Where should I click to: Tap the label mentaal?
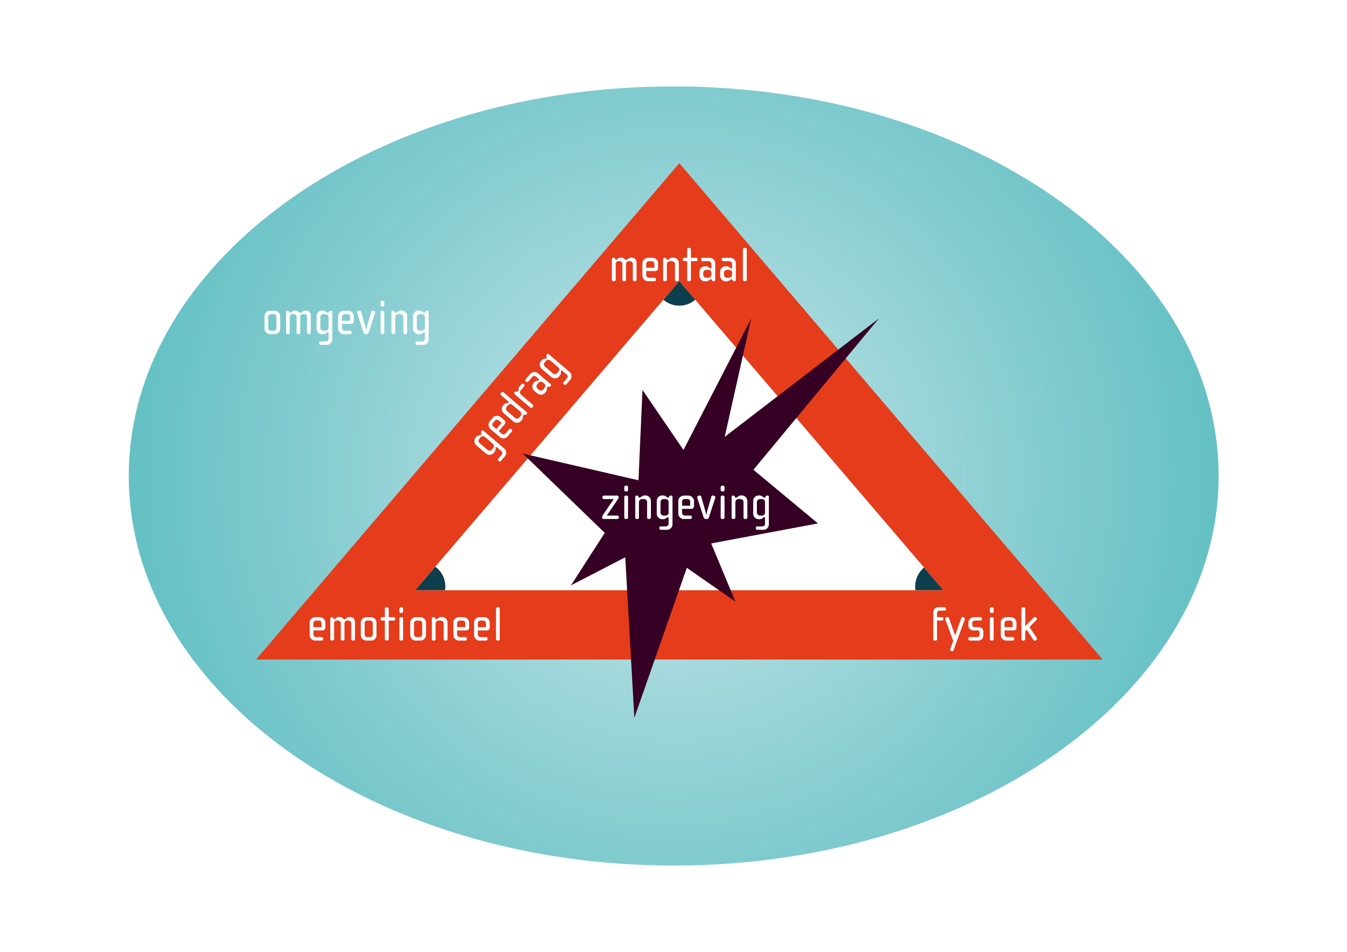679,265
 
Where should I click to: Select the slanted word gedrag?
522,408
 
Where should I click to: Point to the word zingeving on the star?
685,508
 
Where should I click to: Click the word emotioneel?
404,625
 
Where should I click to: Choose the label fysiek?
985,628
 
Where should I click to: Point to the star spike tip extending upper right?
878,319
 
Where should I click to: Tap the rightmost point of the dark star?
818,523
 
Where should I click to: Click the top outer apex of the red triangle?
679,163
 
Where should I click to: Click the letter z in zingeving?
610,508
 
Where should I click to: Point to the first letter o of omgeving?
272,322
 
